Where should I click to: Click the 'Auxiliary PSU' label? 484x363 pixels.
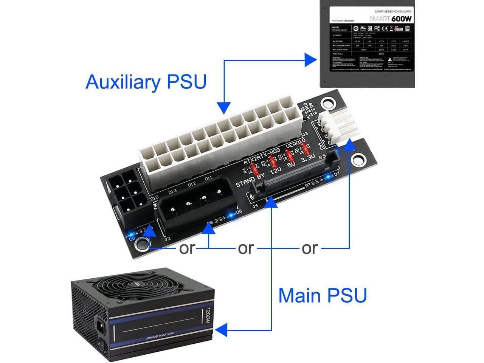[x=146, y=82]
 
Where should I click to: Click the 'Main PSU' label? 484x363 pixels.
[x=323, y=295]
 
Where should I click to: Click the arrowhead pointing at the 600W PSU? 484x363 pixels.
[x=311, y=59]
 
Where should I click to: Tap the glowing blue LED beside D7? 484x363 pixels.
[x=328, y=177]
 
